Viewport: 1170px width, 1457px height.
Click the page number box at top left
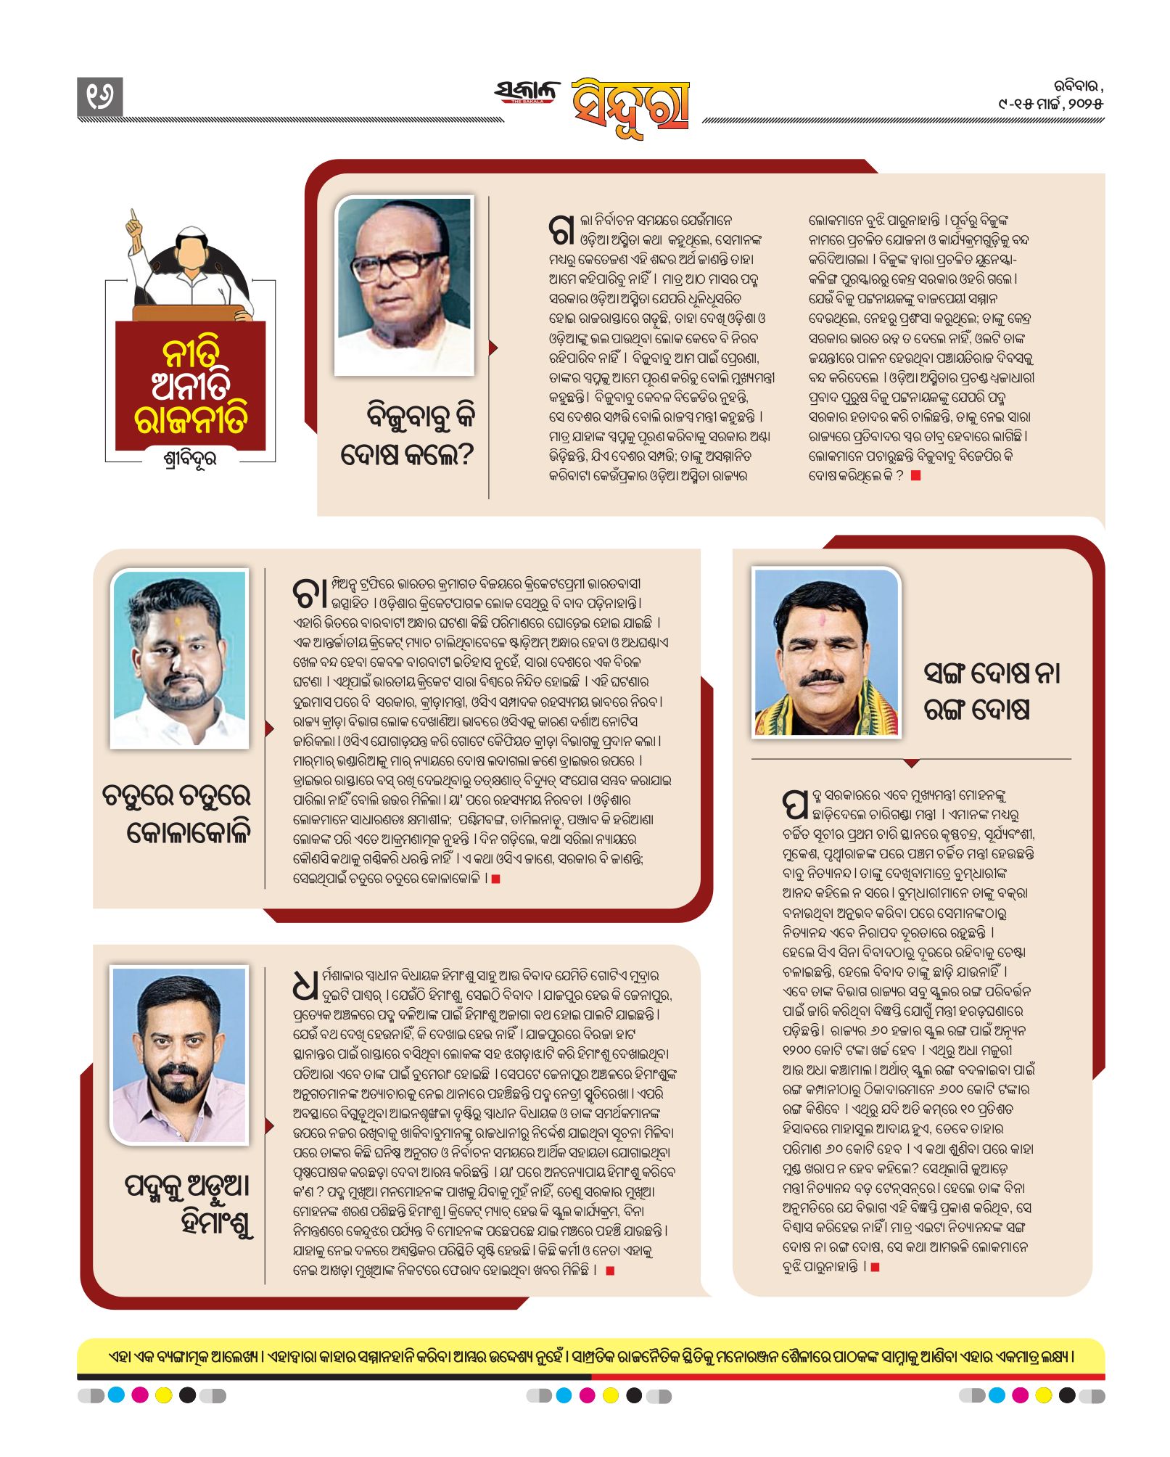pyautogui.click(x=99, y=97)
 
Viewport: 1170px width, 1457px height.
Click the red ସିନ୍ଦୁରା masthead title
pyautogui.click(x=630, y=106)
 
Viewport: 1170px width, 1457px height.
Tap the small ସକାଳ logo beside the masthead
pyautogui.click(x=527, y=92)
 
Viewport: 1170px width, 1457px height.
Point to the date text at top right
pyautogui.click(x=1050, y=95)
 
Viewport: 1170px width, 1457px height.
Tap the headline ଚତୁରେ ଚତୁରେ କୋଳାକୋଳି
pyautogui.click(x=178, y=814)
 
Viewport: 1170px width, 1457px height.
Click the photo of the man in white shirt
pyautogui.click(x=180, y=659)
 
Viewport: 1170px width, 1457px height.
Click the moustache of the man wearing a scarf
pyautogui.click(x=822, y=677)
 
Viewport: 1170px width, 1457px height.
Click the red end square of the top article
pyautogui.click(x=915, y=475)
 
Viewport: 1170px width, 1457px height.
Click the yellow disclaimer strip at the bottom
pyautogui.click(x=590, y=1355)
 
